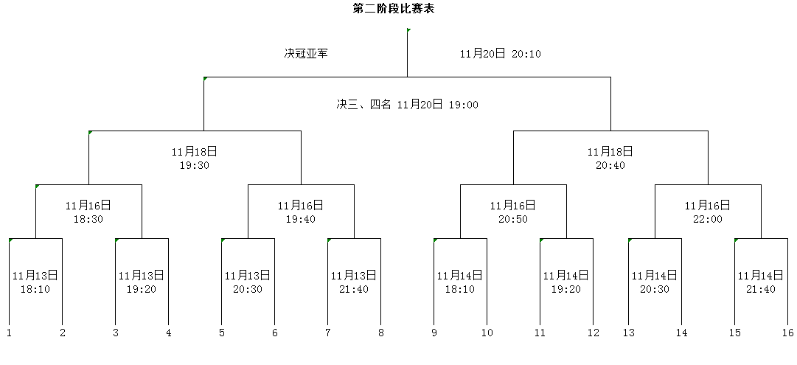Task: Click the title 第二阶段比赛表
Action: point(394,9)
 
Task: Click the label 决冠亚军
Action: point(306,53)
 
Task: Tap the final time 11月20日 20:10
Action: point(500,53)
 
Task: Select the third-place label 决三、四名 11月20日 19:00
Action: point(407,105)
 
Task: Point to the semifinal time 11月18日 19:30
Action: point(195,158)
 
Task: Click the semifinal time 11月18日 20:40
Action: point(610,158)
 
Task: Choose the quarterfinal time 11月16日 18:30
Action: point(88,212)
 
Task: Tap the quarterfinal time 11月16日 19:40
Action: point(301,212)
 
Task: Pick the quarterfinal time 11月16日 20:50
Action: point(513,212)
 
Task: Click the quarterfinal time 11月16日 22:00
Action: point(708,212)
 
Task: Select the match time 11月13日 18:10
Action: point(35,282)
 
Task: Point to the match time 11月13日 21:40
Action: point(355,282)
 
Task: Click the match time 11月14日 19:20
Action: point(566,282)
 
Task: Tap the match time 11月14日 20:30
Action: point(655,282)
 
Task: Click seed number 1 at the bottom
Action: point(9,333)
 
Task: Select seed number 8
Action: point(380,333)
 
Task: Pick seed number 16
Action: point(788,333)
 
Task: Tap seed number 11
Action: point(540,333)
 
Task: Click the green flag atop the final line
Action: point(408,30)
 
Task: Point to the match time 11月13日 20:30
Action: point(248,282)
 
